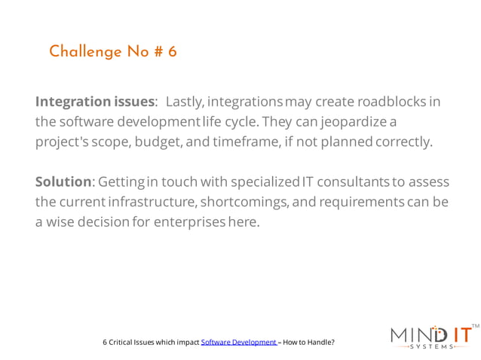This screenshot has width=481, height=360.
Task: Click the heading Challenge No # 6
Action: point(112,52)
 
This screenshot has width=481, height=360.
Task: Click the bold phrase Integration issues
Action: point(94,101)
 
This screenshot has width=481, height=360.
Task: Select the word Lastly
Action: point(184,101)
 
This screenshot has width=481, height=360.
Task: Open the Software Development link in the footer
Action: point(239,342)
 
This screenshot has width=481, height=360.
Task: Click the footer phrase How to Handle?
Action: point(308,342)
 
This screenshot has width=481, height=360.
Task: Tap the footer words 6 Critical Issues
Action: point(128,342)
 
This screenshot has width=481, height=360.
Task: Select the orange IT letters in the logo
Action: point(457,334)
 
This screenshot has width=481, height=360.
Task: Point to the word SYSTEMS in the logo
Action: point(433,347)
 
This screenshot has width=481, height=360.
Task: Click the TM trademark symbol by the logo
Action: point(474,326)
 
